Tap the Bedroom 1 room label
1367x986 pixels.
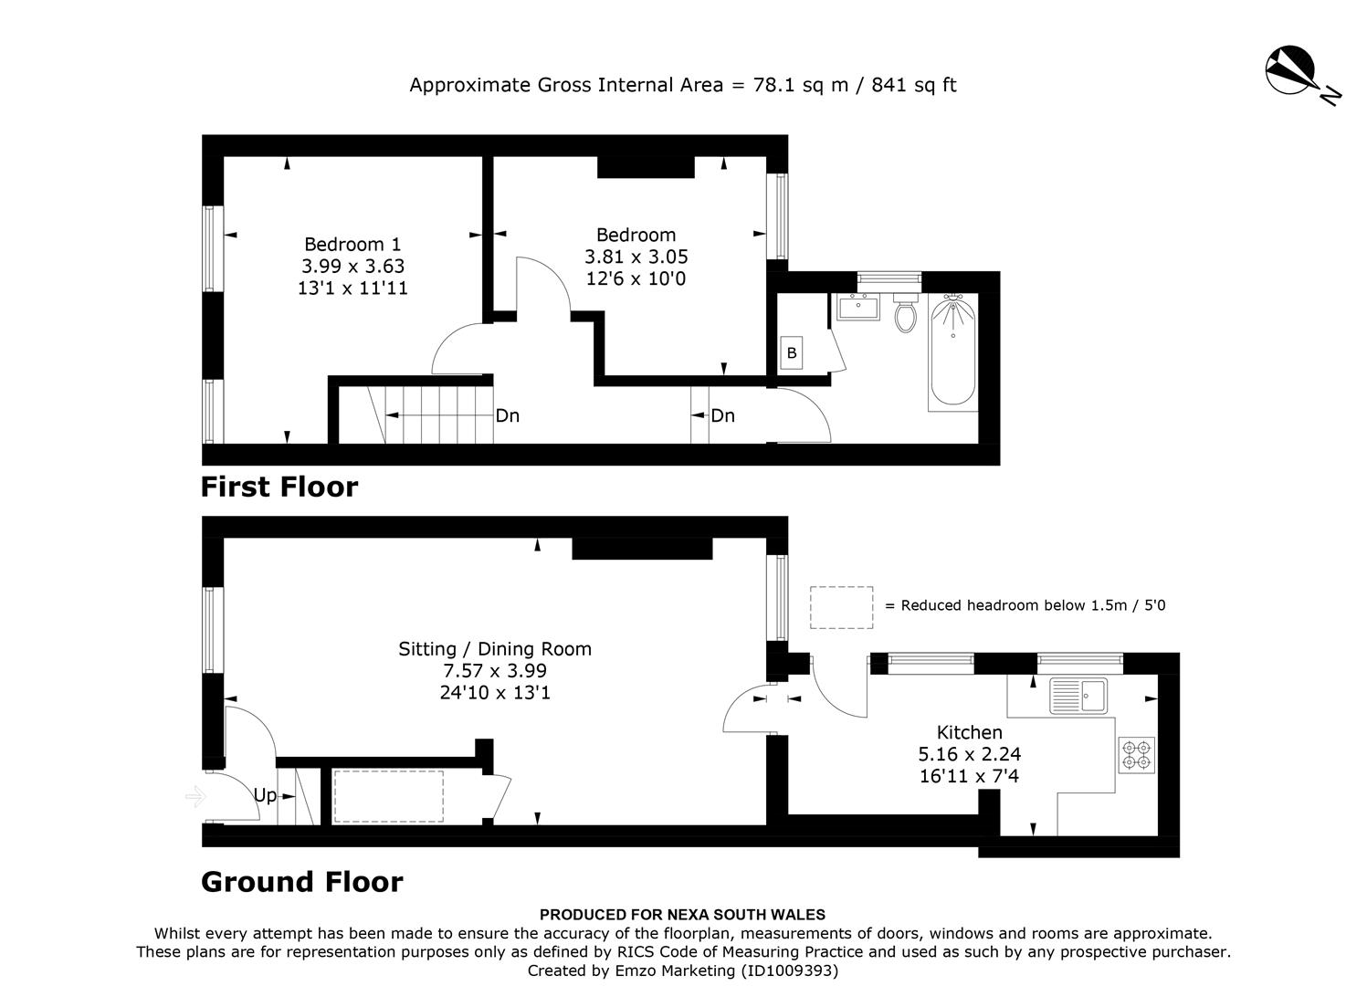(352, 245)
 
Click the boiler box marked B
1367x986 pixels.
(791, 352)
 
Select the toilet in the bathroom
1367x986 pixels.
(905, 314)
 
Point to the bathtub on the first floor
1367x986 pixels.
(952, 351)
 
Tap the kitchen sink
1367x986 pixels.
(1078, 696)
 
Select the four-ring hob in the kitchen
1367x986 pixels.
(1137, 755)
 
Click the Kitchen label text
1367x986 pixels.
(969, 732)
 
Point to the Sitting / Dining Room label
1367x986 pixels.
(495, 649)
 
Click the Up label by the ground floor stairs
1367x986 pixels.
(265, 795)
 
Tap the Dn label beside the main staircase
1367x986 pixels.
(507, 416)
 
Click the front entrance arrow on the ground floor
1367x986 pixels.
(195, 797)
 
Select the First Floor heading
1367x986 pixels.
(279, 487)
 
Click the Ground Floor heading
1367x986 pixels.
(301, 882)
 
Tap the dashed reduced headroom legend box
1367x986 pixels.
(841, 607)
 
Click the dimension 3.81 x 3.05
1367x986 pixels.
(636, 257)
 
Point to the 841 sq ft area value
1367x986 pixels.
(913, 85)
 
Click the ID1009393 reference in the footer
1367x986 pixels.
(789, 971)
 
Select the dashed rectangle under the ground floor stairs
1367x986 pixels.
(388, 797)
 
